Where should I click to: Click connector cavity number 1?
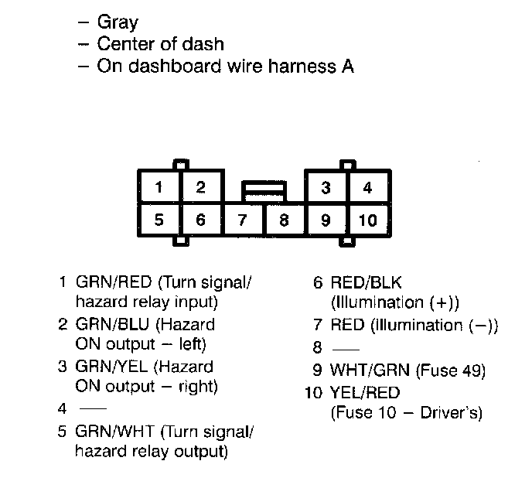click(x=159, y=187)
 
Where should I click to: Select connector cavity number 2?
click(x=200, y=187)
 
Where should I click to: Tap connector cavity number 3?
click(x=326, y=187)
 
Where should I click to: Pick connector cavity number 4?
click(x=368, y=187)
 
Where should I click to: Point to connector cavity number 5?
click(x=159, y=220)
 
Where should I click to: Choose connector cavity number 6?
click(x=200, y=220)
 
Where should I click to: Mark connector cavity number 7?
click(x=243, y=220)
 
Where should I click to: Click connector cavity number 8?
click(x=285, y=220)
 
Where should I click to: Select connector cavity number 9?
click(x=326, y=220)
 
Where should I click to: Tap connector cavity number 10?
click(x=368, y=220)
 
